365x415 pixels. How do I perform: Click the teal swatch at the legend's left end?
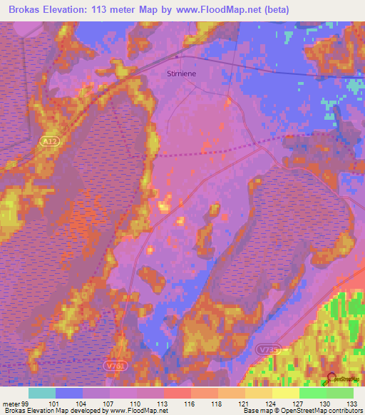(x=42, y=393)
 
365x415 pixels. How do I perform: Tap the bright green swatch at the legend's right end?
(x=340, y=393)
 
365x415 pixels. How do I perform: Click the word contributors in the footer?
(x=344, y=410)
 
